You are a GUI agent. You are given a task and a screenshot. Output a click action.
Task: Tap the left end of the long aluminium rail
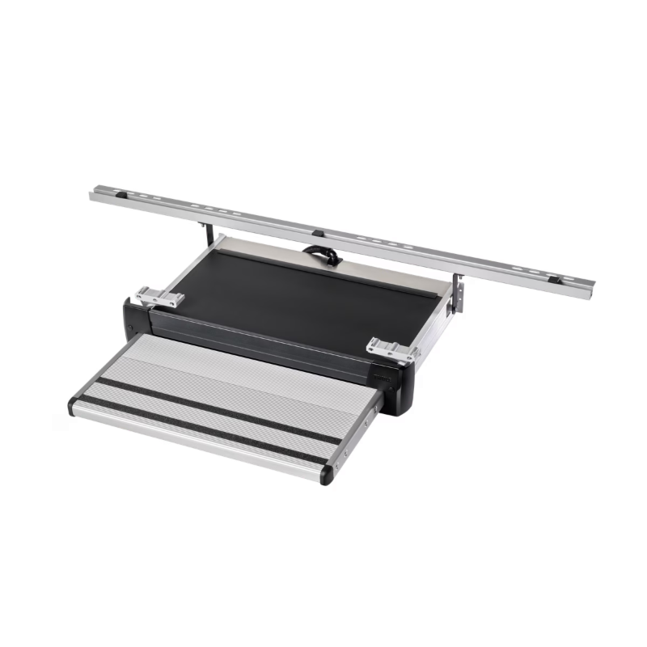click(x=95, y=194)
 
